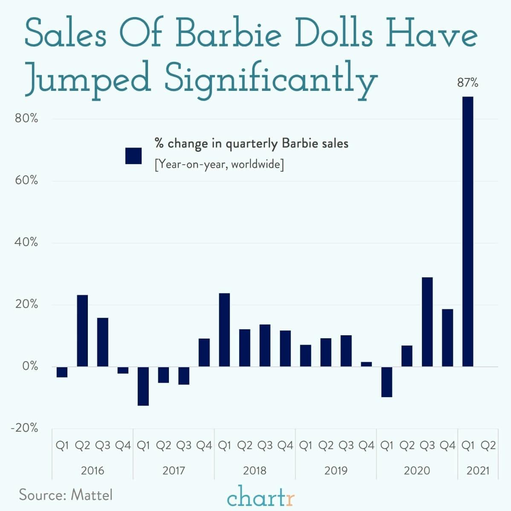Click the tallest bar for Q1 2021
pyautogui.click(x=468, y=231)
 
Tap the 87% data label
pyautogui.click(x=468, y=83)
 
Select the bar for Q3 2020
pyautogui.click(x=427, y=322)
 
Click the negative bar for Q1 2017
pyautogui.click(x=143, y=386)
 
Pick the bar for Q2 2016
pyautogui.click(x=82, y=331)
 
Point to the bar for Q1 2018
pyautogui.click(x=224, y=330)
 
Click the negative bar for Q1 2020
pyautogui.click(x=386, y=382)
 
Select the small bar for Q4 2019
pyautogui.click(x=366, y=364)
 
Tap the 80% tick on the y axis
pyautogui.click(x=26, y=119)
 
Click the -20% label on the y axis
pyautogui.click(x=25, y=428)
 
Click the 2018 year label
pyautogui.click(x=255, y=470)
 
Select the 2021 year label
pyautogui.click(x=478, y=470)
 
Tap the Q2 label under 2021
pyautogui.click(x=488, y=446)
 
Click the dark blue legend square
pyautogui.click(x=134, y=156)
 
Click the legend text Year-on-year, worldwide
pyautogui.click(x=219, y=164)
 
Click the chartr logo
pyautogui.click(x=261, y=497)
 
